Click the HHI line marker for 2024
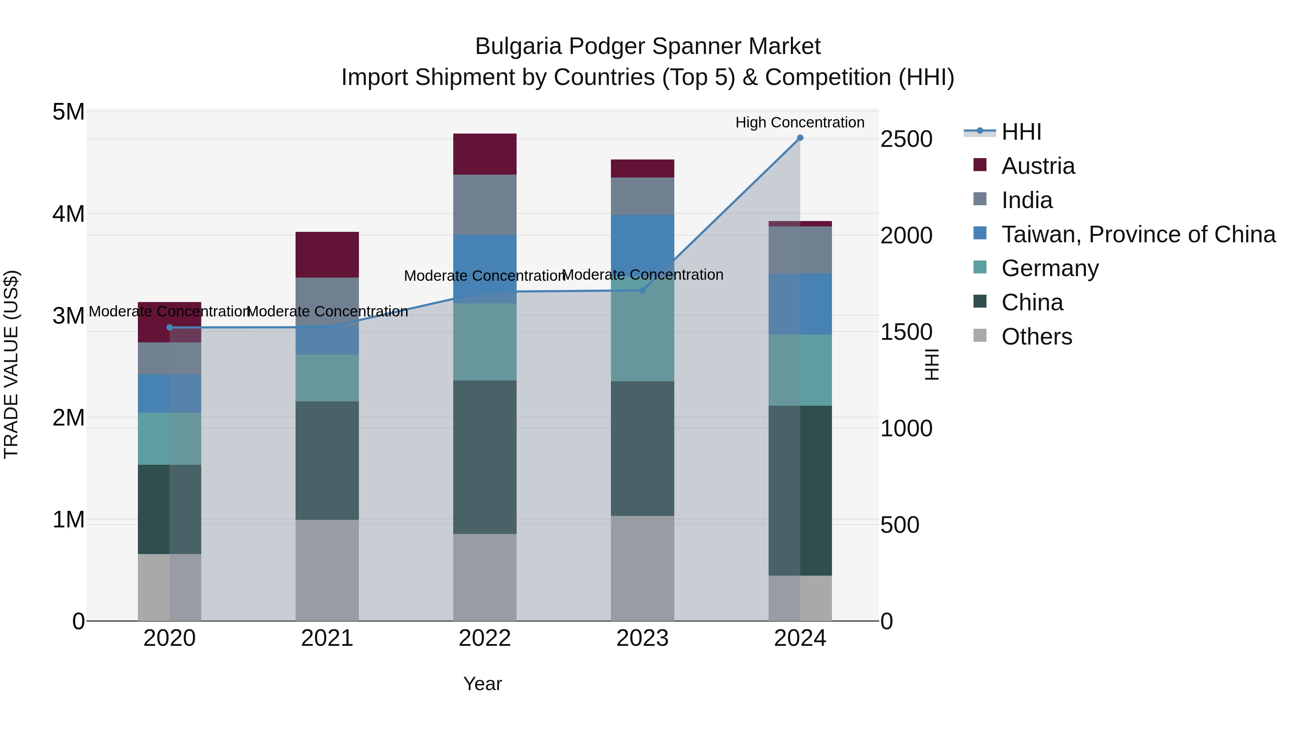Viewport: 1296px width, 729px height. (800, 138)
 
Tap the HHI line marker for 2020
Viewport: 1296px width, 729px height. (170, 328)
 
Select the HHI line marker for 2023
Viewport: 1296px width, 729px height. (643, 290)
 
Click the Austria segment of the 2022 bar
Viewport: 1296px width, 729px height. (485, 154)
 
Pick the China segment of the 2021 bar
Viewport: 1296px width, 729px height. (327, 460)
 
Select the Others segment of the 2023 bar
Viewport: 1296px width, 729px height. (643, 568)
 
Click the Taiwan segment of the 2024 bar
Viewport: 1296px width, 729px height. (800, 304)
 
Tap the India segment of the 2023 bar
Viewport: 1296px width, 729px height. (643, 196)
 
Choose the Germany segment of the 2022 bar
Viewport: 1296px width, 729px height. (485, 342)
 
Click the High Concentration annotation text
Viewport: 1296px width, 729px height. (800, 122)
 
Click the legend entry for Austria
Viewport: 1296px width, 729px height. (1038, 166)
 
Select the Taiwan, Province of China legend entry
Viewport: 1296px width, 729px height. (1138, 234)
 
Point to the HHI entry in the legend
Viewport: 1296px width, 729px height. (1021, 132)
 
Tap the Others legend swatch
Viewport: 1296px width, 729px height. (980, 336)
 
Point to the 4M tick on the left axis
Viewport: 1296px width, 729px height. (69, 214)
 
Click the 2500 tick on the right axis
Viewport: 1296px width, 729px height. (906, 139)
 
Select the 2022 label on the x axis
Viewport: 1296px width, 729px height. (485, 638)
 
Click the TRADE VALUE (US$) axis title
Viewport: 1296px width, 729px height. (11, 365)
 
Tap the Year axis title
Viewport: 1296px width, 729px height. (482, 684)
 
